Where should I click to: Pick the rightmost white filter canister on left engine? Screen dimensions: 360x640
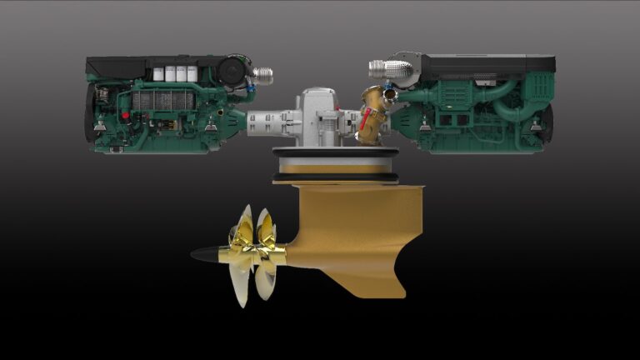click(x=192, y=73)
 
